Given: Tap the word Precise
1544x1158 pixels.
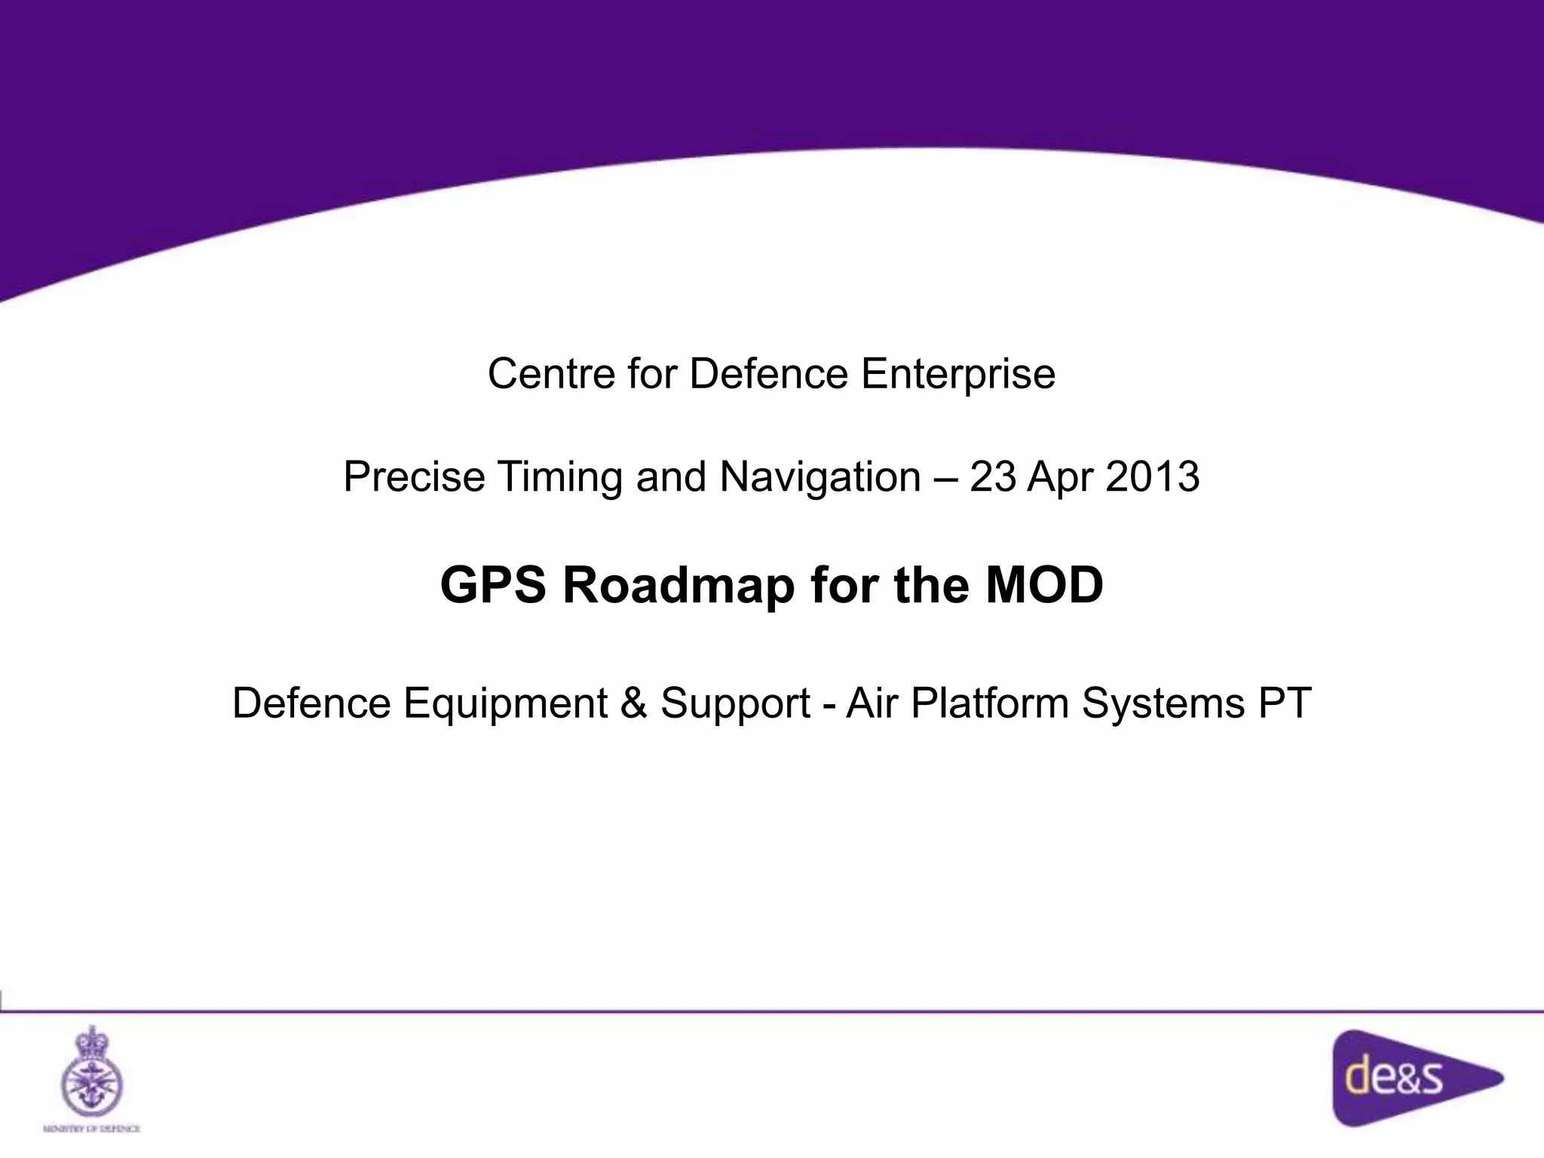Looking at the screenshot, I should (x=414, y=477).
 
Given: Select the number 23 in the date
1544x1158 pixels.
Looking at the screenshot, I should (x=992, y=477).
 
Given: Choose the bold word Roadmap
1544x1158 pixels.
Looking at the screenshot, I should (x=679, y=586).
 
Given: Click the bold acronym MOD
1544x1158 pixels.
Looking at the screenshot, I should (x=1044, y=585).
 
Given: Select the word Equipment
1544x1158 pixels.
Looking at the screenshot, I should (x=505, y=704).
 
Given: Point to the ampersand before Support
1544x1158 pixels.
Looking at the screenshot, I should (x=634, y=703).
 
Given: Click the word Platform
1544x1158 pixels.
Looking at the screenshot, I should (x=989, y=703).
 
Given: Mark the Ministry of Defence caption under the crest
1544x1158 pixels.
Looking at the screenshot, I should (x=91, y=1129).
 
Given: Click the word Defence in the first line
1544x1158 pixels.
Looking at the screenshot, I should (x=767, y=374).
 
